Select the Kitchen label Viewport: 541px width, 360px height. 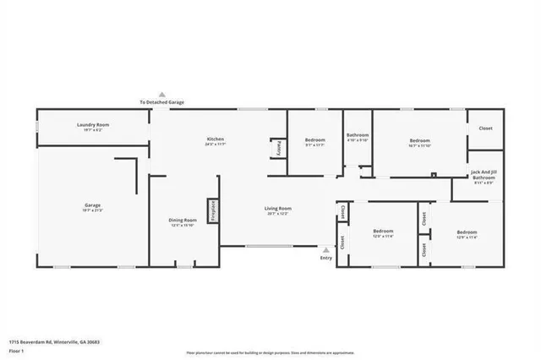pyautogui.click(x=216, y=139)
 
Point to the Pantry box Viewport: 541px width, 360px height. pyautogui.click(x=276, y=147)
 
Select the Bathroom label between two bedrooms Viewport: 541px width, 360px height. pyautogui.click(x=358, y=135)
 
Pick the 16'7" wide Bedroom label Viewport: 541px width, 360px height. pyautogui.click(x=420, y=140)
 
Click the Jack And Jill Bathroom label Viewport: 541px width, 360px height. pyautogui.click(x=484, y=175)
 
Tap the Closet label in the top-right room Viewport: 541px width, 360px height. pyautogui.click(x=485, y=128)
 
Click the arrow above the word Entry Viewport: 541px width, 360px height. pyautogui.click(x=326, y=250)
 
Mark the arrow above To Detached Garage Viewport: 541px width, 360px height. pyautogui.click(x=162, y=95)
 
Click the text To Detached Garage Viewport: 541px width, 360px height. pyautogui.click(x=162, y=102)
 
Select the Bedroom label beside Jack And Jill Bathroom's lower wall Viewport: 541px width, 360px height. pyautogui.click(x=467, y=232)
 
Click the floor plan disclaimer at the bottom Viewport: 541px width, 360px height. pyautogui.click(x=270, y=353)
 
